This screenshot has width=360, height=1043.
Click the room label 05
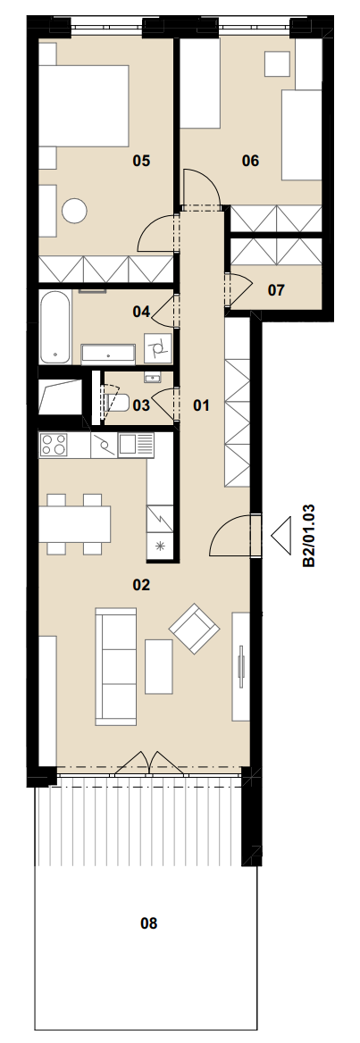click(141, 161)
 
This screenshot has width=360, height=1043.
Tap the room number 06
click(250, 161)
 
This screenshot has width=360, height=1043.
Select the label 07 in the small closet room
click(276, 290)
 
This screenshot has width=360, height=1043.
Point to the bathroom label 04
click(141, 311)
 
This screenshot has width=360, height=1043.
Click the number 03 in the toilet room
click(141, 405)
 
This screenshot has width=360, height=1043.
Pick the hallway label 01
click(201, 405)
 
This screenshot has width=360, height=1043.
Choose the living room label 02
click(141, 586)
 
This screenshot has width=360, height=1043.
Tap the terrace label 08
click(149, 923)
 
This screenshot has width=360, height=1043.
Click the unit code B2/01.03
click(309, 536)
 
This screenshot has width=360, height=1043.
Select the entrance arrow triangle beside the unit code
click(281, 536)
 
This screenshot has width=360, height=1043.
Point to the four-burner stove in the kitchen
click(54, 445)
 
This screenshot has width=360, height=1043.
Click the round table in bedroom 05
click(74, 211)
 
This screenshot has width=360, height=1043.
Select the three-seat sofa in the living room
click(116, 666)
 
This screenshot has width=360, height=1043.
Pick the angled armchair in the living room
click(195, 629)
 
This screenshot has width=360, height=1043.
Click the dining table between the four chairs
click(74, 524)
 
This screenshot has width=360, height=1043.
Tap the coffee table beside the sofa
click(158, 666)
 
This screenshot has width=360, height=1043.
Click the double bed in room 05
click(83, 105)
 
